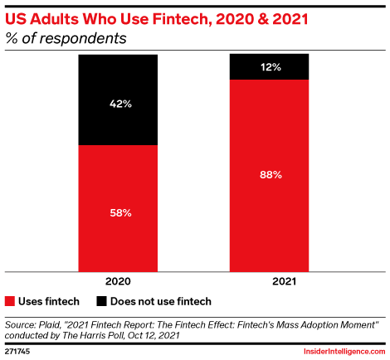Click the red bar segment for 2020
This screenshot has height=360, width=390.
pos(118,207)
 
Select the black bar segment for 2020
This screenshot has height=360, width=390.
pos(118,100)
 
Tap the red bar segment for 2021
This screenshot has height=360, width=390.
pos(270,175)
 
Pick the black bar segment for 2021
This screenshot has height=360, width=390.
pos(270,66)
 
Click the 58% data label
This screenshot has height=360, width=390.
pos(118,214)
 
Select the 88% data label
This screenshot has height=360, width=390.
pos(270,175)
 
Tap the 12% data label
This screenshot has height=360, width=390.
pos(270,66)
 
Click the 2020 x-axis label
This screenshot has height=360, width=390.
pos(118,280)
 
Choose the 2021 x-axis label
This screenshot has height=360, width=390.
pos(270,280)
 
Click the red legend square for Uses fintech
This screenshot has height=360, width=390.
pos(10,301)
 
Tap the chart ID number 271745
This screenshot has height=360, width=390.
pos(18,352)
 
